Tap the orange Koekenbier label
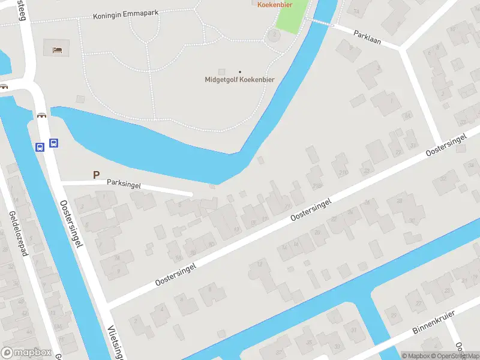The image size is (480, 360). [x=274, y=4]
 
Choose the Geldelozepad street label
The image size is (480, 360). [x=19, y=233]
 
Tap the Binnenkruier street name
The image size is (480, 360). [x=434, y=322]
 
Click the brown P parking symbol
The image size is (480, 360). [x=95, y=175]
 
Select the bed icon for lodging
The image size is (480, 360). [x=57, y=49]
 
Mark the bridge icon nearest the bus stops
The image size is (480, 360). [x=42, y=116]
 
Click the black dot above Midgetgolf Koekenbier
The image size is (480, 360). [x=240, y=72]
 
